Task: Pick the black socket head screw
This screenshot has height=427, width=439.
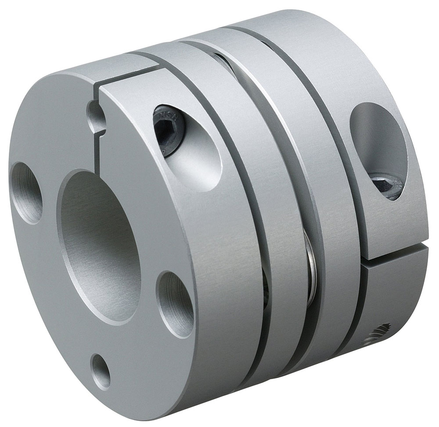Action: [x=169, y=130]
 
